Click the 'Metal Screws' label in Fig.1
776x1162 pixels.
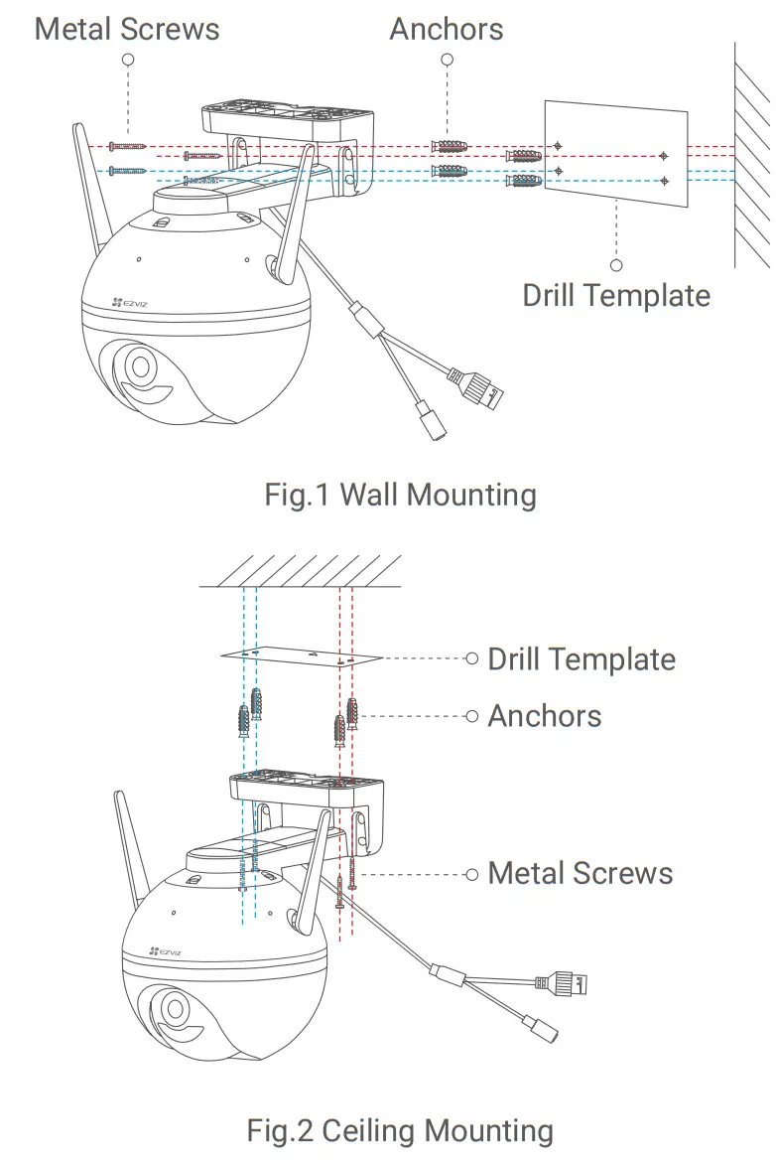pyautogui.click(x=127, y=28)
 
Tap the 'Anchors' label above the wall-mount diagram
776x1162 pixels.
pyautogui.click(x=446, y=28)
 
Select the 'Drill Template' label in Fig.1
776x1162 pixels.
pyautogui.click(x=616, y=295)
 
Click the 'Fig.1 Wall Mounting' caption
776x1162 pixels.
pyautogui.click(x=400, y=494)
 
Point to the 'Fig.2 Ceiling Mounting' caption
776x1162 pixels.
pyautogui.click(x=400, y=1130)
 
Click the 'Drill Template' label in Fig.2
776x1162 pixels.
pyautogui.click(x=582, y=658)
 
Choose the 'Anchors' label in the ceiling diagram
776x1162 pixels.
pyautogui.click(x=545, y=715)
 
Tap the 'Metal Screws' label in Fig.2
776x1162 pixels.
pyautogui.click(x=581, y=873)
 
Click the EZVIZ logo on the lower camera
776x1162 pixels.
pyautogui.click(x=165, y=951)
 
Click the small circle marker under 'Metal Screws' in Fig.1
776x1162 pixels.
pyautogui.click(x=127, y=60)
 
